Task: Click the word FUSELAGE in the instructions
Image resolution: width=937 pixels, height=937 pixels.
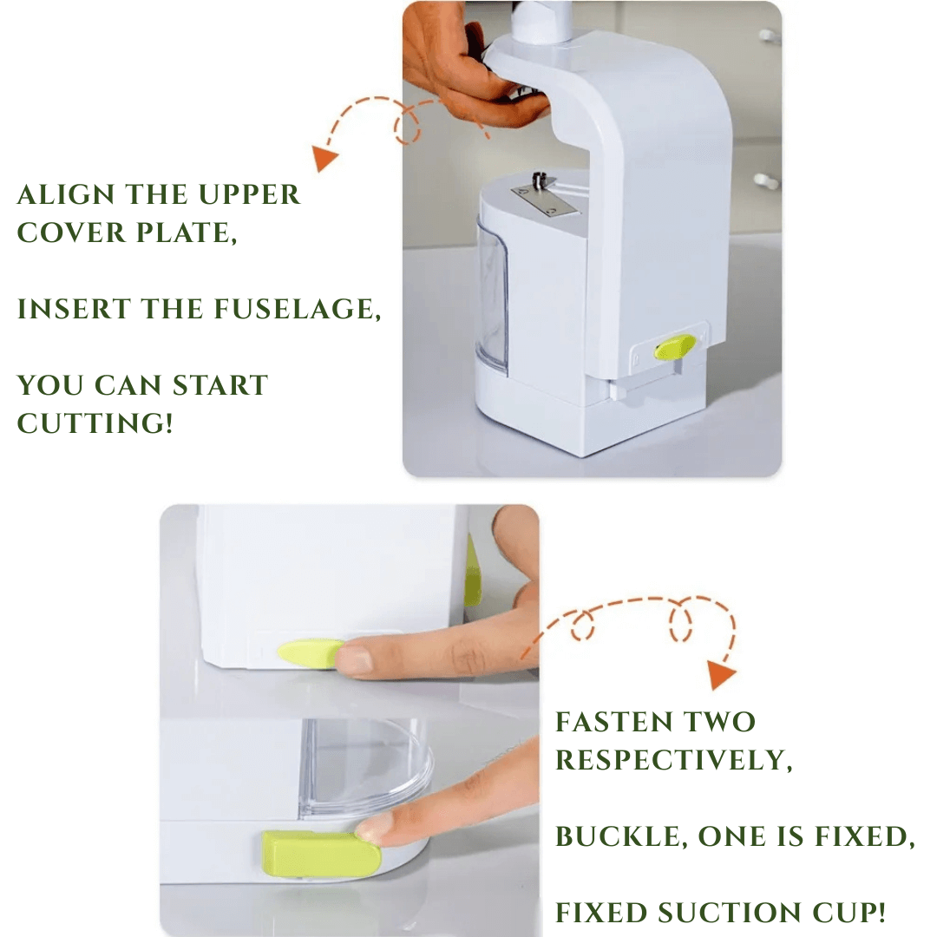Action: point(297,310)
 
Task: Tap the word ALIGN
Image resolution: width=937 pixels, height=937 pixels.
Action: point(66,195)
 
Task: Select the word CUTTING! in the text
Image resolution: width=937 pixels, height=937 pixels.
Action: point(95,423)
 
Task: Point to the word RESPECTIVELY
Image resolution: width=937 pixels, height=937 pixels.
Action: point(673,760)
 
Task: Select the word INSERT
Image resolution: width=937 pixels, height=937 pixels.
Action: point(74,310)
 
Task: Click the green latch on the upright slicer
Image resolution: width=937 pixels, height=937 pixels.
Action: point(675,348)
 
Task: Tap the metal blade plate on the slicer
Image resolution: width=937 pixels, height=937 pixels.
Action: point(547,200)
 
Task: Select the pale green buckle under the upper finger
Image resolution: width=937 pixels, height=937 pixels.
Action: point(310,653)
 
